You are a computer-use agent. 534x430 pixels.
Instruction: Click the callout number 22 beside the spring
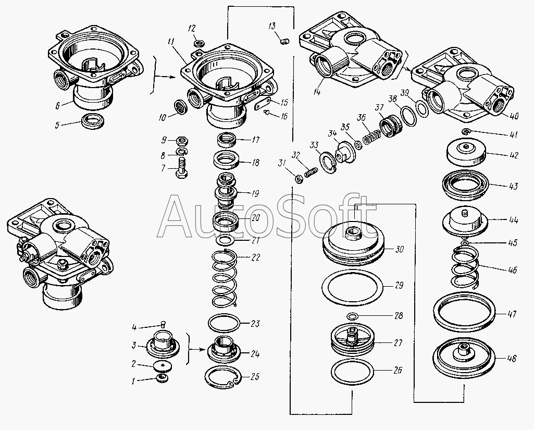(255, 257)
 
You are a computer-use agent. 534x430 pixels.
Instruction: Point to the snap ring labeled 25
(223, 377)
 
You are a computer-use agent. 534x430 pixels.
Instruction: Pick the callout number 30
(399, 250)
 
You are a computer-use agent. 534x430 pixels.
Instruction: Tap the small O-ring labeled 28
(353, 316)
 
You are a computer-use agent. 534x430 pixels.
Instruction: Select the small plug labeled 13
(284, 42)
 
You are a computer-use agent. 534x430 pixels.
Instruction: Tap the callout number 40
(514, 116)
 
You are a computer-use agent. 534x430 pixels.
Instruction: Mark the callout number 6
(58, 106)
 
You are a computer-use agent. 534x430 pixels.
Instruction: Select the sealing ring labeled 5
(93, 121)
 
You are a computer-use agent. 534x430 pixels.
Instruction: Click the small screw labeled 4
(163, 323)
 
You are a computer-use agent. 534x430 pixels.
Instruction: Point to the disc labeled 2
(163, 366)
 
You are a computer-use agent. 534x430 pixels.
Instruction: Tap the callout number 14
(317, 91)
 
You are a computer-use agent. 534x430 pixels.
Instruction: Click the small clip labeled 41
(466, 131)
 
